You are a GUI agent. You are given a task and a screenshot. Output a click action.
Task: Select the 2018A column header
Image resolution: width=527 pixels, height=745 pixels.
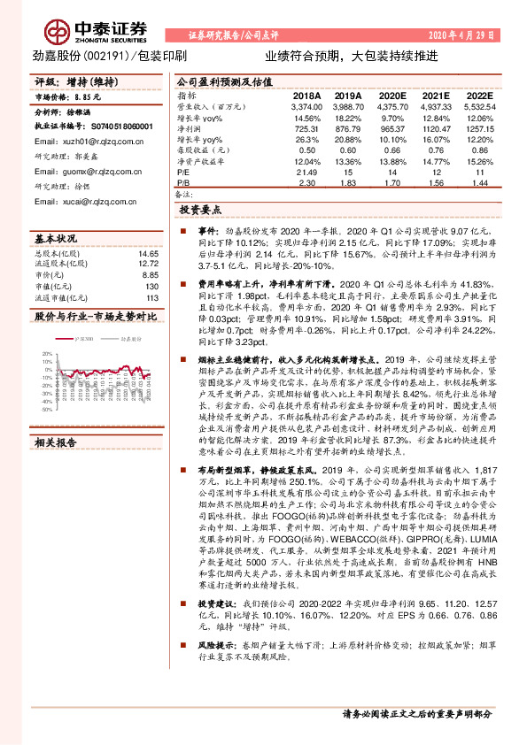click(x=306, y=95)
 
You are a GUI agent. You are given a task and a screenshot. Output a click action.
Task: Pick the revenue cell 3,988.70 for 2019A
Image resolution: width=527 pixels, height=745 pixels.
click(x=348, y=105)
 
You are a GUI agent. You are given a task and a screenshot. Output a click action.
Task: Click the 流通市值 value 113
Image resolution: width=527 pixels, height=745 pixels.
click(x=151, y=298)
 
